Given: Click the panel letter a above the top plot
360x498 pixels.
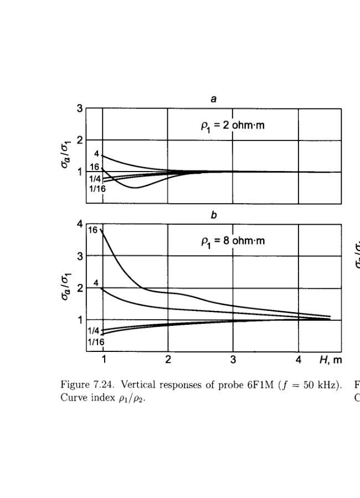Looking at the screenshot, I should coord(213,99).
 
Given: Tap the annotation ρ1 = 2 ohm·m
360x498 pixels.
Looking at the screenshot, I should coord(233,125).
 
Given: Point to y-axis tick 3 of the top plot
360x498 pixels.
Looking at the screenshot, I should coord(80,109).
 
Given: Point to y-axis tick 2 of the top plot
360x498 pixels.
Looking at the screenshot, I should coord(80,140).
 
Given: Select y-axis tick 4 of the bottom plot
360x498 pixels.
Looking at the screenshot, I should coord(80,225).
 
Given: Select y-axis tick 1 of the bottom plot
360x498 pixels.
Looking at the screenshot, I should coord(80,319).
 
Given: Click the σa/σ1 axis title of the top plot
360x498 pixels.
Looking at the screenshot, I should coord(65,156).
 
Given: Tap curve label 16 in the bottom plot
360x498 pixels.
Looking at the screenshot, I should coord(93,230).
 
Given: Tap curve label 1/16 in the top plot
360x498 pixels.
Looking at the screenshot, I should coord(97,189).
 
